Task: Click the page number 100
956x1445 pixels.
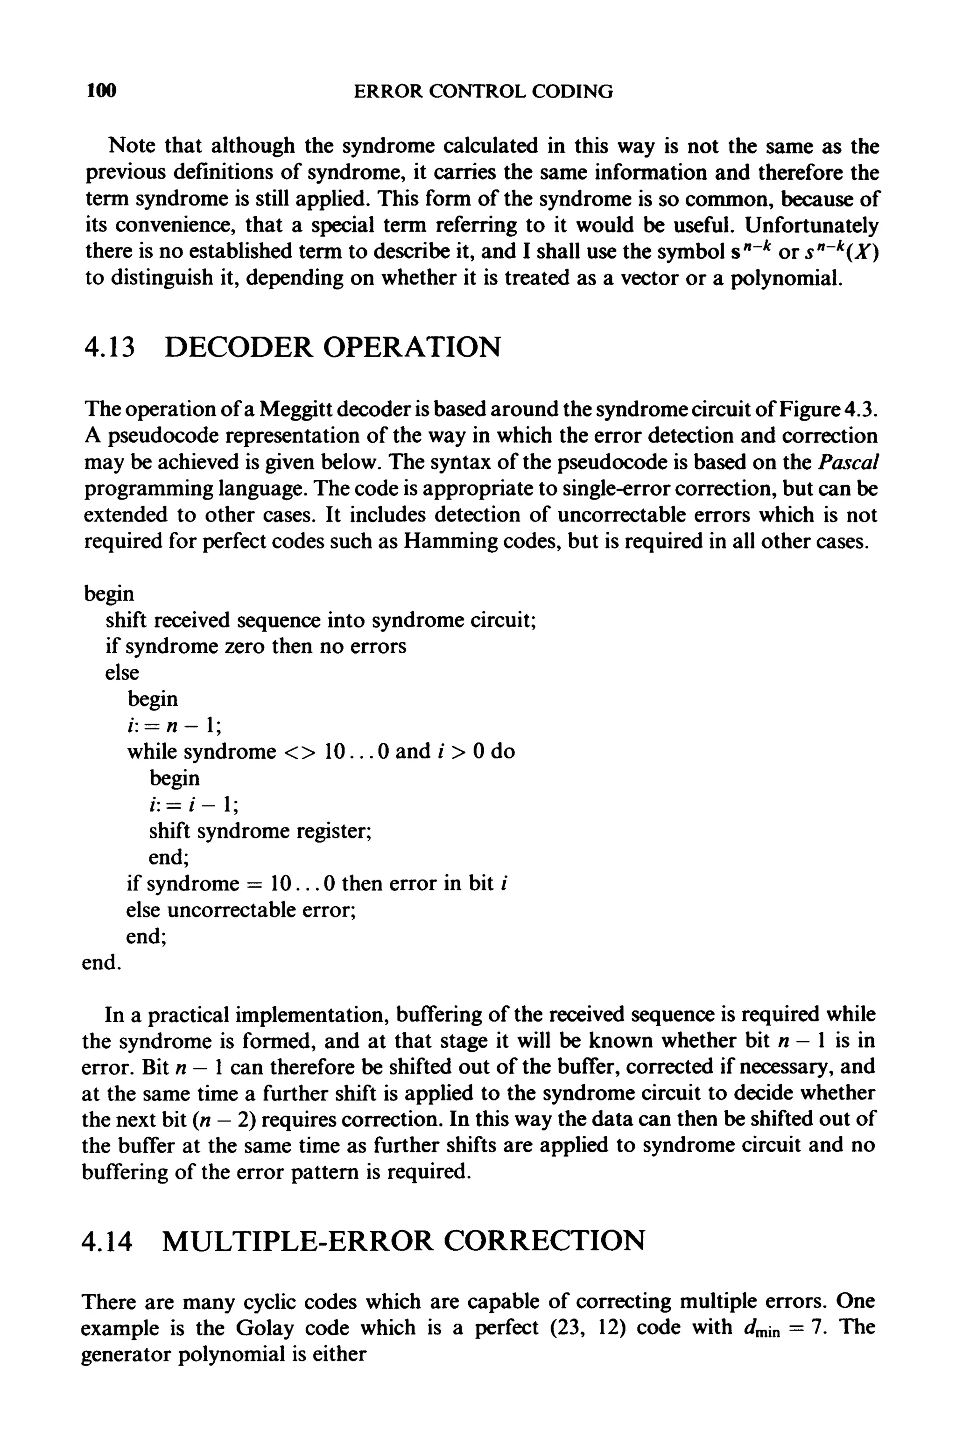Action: point(101,92)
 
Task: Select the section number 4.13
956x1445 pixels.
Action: point(108,347)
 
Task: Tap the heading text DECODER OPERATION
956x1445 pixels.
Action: point(332,347)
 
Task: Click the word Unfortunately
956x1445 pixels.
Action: point(811,226)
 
